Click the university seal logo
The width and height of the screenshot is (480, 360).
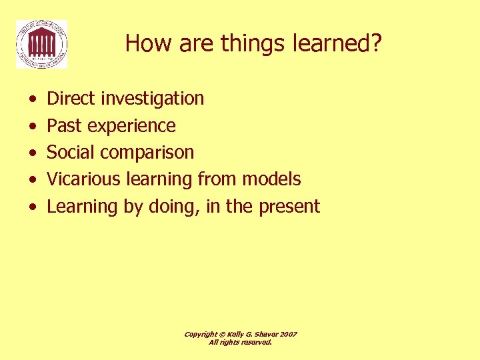(x=41, y=44)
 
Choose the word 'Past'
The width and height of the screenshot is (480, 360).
(x=64, y=126)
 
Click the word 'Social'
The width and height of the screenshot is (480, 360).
(x=71, y=153)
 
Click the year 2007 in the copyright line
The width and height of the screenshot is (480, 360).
(x=289, y=334)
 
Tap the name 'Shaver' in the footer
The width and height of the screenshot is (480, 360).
(x=266, y=334)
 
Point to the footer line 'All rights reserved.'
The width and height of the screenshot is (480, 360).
(x=240, y=342)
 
